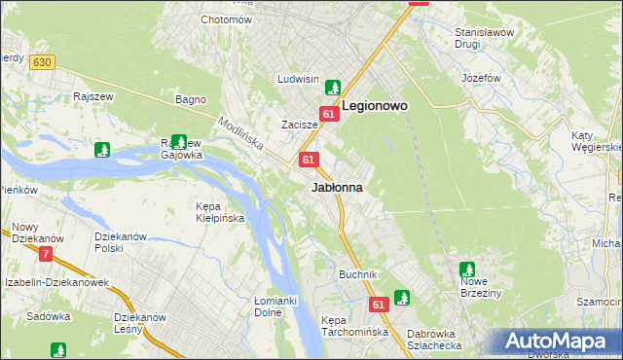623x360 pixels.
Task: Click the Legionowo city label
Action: (374, 106)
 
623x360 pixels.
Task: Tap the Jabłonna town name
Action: (337, 187)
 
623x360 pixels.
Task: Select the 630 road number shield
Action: (40, 62)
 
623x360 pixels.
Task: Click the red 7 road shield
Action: (45, 255)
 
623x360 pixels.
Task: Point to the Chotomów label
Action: (225, 19)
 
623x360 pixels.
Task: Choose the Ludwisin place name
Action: (298, 79)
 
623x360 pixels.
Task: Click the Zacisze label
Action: (300, 126)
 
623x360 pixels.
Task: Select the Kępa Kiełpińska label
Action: (219, 213)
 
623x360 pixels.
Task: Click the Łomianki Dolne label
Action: (275, 306)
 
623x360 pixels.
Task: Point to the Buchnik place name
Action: (357, 274)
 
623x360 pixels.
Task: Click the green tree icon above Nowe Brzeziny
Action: (466, 269)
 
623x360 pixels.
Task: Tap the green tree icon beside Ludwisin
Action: (333, 87)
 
